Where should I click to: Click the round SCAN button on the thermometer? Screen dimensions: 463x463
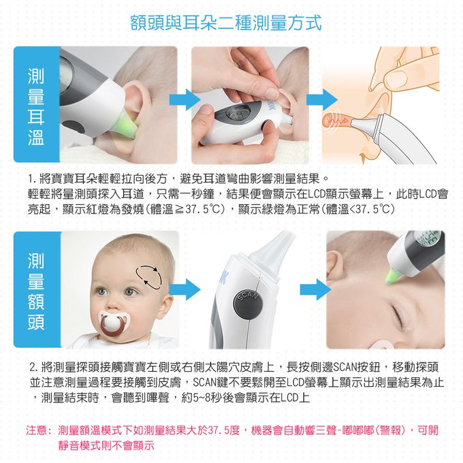tap(246, 304)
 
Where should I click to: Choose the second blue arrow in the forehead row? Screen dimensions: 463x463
tap(310, 289)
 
